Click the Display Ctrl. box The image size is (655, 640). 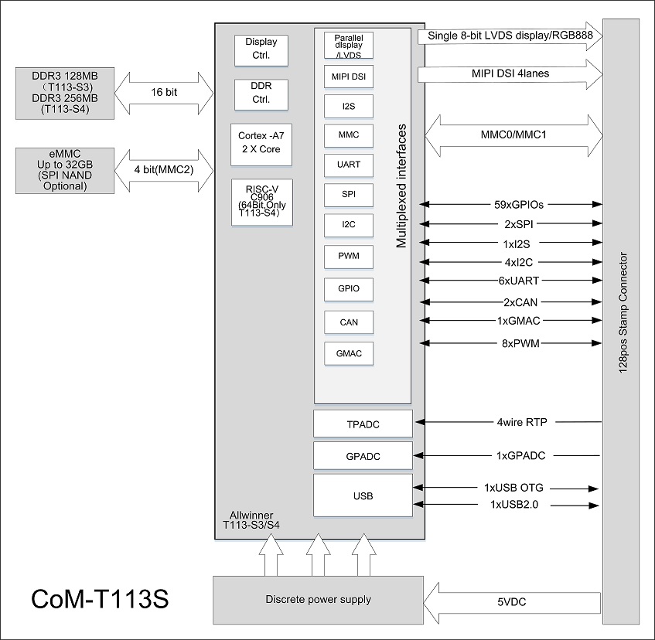pos(261,49)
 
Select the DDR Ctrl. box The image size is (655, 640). pos(261,94)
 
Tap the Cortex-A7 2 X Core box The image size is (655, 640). pos(261,142)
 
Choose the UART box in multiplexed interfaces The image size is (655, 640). pos(348,165)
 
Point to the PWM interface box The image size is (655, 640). pos(348,256)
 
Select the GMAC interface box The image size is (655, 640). pos(348,354)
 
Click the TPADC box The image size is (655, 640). pos(363,424)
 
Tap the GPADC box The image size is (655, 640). pos(363,456)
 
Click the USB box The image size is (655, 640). pos(363,495)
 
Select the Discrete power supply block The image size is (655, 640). pos(318,600)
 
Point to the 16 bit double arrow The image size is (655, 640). pos(164,93)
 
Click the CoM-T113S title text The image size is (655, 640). pos(100,599)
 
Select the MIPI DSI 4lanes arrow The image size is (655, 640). pos(510,74)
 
